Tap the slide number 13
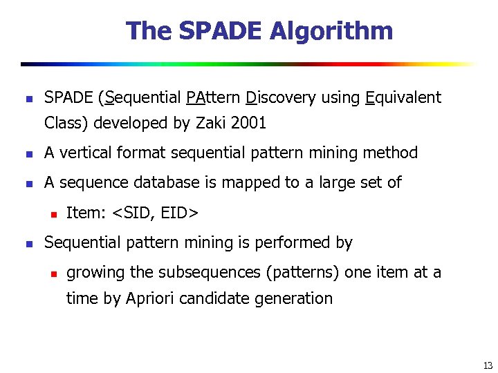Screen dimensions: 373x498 [488, 365]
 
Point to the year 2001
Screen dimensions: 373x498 [249, 124]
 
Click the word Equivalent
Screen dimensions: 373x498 [403, 97]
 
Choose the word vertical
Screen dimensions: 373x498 [92, 153]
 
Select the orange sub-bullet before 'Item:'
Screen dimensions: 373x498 [52, 213]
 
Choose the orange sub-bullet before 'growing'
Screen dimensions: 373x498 [52, 273]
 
